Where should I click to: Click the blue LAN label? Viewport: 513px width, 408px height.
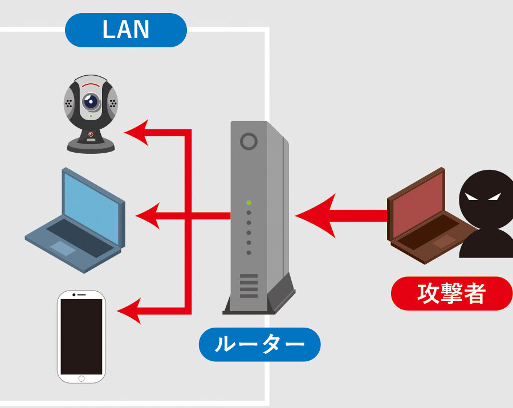point(126,30)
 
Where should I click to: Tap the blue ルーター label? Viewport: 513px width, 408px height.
point(259,344)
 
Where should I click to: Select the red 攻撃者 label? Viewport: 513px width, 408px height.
point(451,293)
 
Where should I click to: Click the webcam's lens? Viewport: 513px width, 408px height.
point(90,102)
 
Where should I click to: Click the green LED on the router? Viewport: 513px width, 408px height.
point(249,202)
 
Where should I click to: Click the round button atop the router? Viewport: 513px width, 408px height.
point(249,141)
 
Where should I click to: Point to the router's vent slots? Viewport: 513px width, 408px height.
point(249,285)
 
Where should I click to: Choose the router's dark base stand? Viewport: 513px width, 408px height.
point(259,305)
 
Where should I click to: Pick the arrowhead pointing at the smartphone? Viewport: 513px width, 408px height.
point(129,311)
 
